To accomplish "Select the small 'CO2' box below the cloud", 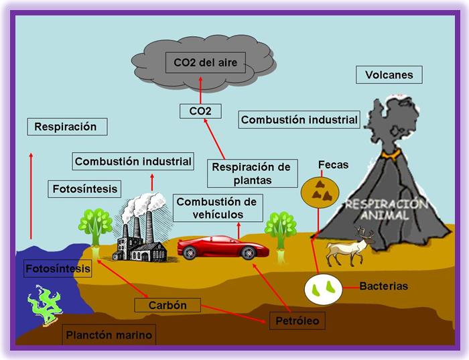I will (x=201, y=111).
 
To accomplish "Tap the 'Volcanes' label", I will (x=389, y=74).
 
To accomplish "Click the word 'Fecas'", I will (x=333, y=164).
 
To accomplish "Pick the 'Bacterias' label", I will (x=383, y=286).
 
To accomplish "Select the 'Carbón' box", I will (x=168, y=305).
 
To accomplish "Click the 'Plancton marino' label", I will (x=109, y=335).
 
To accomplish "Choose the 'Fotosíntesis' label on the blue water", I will (x=57, y=269).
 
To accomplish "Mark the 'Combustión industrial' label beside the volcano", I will (x=299, y=120).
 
